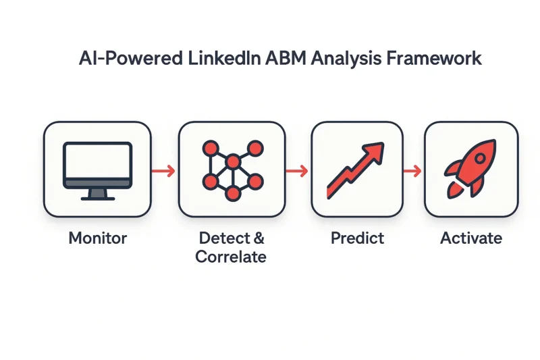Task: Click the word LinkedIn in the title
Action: [x=224, y=58]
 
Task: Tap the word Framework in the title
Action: [x=434, y=58]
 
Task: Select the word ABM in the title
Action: [x=286, y=58]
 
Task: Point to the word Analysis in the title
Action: [x=346, y=59]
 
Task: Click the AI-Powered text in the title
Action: [x=130, y=58]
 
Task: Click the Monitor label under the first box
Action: [x=98, y=238]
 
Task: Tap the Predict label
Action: [x=358, y=238]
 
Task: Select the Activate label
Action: [x=471, y=238]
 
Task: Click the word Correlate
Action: [x=231, y=257]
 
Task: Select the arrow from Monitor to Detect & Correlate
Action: [x=163, y=171]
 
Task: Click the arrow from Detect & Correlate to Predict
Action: [x=297, y=171]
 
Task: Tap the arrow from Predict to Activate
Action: [x=412, y=171]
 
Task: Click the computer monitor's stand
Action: [x=98, y=195]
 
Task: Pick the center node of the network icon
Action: [x=233, y=161]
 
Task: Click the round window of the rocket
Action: [x=480, y=159]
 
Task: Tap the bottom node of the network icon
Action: [x=233, y=193]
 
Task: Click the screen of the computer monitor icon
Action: [x=98, y=161]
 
